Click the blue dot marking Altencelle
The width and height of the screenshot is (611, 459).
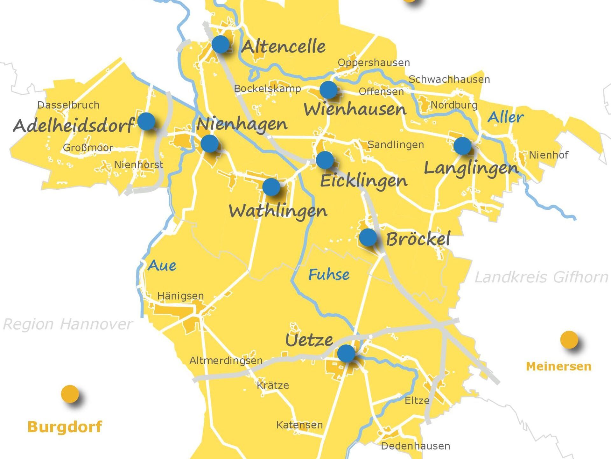click(x=221, y=44)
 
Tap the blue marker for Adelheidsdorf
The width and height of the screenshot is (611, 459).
click(x=146, y=121)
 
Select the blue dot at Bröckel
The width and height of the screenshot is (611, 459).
click(x=368, y=237)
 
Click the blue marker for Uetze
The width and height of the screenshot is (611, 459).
click(x=346, y=353)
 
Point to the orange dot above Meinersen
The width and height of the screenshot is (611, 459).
click(x=569, y=339)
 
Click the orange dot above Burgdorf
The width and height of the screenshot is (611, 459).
click(x=70, y=394)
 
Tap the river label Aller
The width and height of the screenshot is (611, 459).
click(x=506, y=117)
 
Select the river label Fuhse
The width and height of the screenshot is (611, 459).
click(x=329, y=274)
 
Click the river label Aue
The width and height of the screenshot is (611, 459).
click(x=162, y=265)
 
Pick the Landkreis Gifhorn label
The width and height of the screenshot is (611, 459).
click(x=541, y=277)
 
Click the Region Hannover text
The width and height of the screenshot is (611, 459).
click(x=67, y=324)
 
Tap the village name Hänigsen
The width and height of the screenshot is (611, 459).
click(x=180, y=296)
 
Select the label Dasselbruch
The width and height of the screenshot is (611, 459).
click(x=68, y=105)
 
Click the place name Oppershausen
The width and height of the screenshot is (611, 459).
click(x=374, y=62)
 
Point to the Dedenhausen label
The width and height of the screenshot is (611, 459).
click(x=415, y=446)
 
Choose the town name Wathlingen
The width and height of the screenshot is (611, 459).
click(x=278, y=211)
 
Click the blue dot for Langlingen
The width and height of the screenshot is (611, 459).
click(x=462, y=146)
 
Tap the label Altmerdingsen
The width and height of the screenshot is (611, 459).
click(x=226, y=361)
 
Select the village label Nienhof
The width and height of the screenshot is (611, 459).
click(x=549, y=155)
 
